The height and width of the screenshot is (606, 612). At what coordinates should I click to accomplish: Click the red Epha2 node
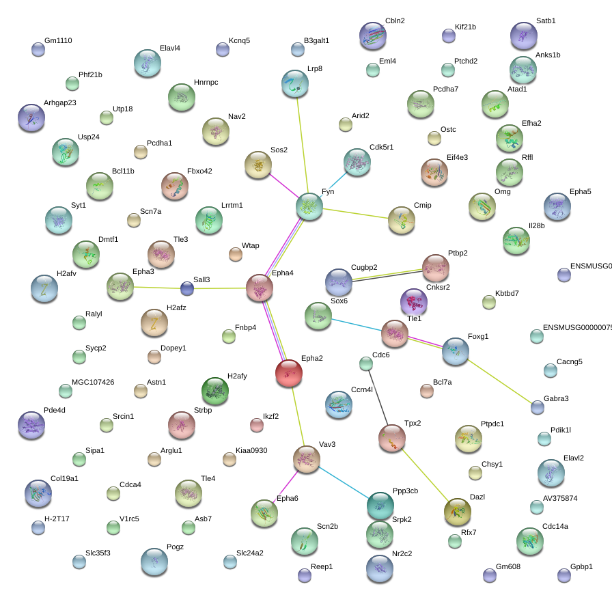[289, 372]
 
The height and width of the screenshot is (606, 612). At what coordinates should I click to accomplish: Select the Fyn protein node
[309, 206]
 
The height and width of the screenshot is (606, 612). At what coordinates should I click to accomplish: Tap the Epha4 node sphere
[260, 288]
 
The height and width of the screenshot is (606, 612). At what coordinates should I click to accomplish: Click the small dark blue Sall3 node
[187, 288]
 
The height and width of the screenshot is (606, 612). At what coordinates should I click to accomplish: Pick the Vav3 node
[306, 458]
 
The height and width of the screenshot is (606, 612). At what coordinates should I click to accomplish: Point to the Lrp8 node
[295, 83]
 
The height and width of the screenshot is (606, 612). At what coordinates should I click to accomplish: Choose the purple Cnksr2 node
[413, 301]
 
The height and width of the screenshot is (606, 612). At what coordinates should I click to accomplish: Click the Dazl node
[458, 512]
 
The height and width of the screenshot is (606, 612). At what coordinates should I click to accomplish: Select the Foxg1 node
[456, 350]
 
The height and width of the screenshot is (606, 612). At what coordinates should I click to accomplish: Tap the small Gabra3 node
[538, 407]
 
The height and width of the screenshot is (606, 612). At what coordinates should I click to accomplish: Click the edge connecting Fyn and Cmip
[355, 214]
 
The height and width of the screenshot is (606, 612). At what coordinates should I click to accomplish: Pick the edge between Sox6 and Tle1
[357, 324]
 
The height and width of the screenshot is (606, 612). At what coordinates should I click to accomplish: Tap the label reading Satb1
[546, 20]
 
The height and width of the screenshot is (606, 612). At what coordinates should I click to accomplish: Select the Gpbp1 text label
[581, 567]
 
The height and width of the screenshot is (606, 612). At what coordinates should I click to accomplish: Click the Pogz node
[154, 562]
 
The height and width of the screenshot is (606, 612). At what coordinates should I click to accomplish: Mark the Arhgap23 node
[31, 118]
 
